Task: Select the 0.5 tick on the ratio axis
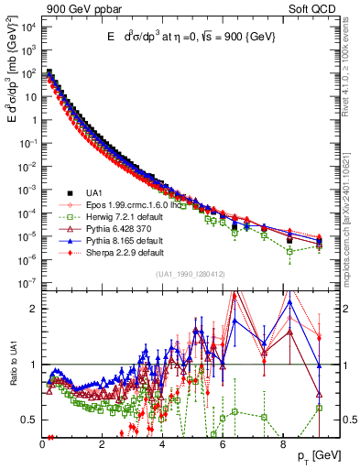click(28, 420)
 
